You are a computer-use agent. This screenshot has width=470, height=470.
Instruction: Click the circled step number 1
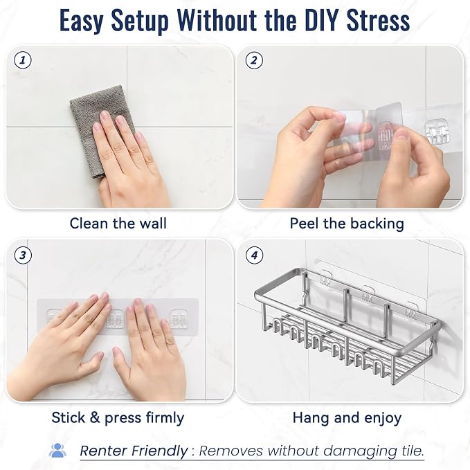coord(23,60)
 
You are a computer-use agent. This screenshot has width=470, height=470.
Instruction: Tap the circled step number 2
coord(254,60)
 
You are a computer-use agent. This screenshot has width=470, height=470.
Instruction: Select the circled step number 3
coord(23,255)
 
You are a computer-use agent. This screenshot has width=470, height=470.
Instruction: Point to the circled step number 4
coord(254,255)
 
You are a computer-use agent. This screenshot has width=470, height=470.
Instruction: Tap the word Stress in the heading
coord(378,21)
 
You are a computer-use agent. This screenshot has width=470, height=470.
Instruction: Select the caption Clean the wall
coord(118,224)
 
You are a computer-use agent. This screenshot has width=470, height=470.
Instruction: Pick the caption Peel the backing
coord(347,224)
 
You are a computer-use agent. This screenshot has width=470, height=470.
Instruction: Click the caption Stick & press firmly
coord(118,418)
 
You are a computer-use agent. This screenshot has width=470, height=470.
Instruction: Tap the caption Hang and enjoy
coord(347,418)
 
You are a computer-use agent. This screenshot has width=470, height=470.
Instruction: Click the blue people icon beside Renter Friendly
coord(57,450)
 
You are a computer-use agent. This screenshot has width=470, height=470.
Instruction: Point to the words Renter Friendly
coord(134,451)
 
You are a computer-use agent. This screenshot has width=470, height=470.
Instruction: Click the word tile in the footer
coord(412,451)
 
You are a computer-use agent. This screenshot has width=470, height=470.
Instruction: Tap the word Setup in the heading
coord(140,21)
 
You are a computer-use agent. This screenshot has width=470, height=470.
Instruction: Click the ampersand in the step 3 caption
coord(95,417)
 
